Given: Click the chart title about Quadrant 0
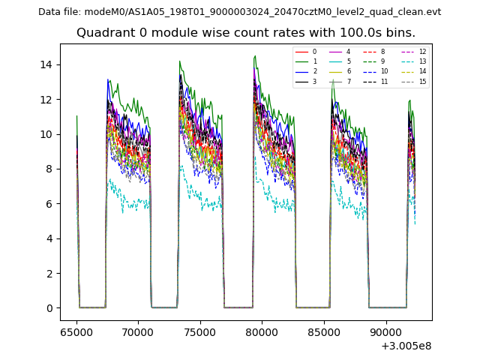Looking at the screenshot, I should (x=245, y=33).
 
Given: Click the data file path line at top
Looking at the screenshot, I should (x=239, y=12).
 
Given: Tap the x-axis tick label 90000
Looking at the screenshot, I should (x=385, y=331).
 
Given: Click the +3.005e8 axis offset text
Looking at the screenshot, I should (x=406, y=346).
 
